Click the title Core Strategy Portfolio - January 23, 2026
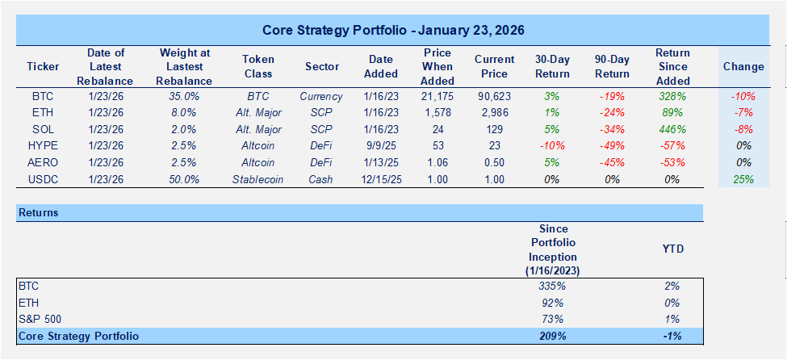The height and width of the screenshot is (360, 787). click(x=393, y=31)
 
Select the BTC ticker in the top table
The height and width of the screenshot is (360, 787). click(x=43, y=95)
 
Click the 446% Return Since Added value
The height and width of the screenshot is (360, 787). click(x=672, y=128)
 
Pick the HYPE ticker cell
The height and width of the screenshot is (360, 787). click(x=43, y=145)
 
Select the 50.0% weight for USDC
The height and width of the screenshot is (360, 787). click(x=186, y=179)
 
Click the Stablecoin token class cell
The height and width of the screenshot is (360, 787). click(x=257, y=179)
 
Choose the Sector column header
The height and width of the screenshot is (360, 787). click(x=321, y=66)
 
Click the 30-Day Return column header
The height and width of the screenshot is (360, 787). click(x=552, y=66)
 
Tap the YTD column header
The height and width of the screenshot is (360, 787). click(x=672, y=249)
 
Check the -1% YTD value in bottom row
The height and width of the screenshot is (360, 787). click(x=672, y=336)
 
